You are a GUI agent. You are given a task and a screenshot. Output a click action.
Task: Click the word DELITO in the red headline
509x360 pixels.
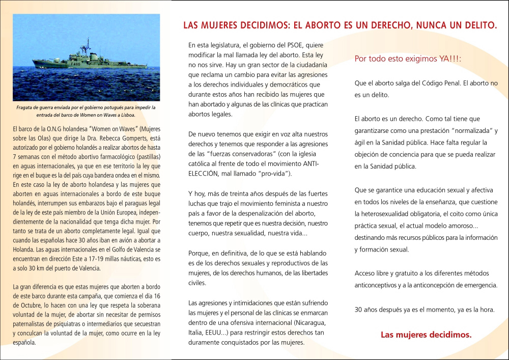click(x=477, y=24)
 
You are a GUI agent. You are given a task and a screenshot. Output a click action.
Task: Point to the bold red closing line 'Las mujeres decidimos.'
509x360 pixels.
click(x=426, y=335)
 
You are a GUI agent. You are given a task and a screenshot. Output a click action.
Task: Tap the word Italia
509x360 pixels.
click(x=196, y=333)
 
